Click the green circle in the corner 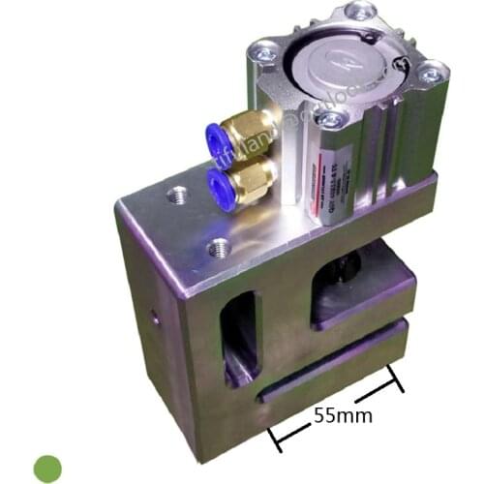(47, 469)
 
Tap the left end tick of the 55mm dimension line (278, 439)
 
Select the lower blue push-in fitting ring (218, 182)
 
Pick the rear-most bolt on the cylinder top (360, 12)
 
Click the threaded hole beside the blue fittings (176, 197)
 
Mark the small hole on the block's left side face (153, 315)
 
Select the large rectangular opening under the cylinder (358, 290)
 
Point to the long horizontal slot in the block (334, 363)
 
